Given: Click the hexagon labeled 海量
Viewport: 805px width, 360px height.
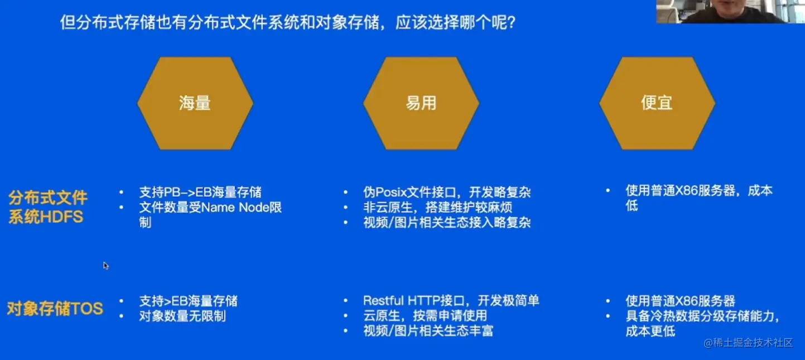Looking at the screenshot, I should click(x=195, y=103).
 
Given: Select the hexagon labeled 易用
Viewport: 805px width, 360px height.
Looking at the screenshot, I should click(x=421, y=103).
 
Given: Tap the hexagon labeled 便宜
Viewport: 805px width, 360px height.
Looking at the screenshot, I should click(x=657, y=103).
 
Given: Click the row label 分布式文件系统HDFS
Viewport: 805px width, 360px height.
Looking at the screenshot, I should click(x=47, y=207).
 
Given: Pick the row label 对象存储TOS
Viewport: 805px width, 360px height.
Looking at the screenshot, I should click(x=55, y=309).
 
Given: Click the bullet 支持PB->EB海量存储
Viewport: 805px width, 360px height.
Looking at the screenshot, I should click(x=200, y=193).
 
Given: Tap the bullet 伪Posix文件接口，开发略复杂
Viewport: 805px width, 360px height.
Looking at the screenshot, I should click(x=446, y=193).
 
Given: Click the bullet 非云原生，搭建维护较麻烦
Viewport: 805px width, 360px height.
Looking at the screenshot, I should click(x=437, y=208).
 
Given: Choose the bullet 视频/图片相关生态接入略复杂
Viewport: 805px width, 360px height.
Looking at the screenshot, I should click(x=446, y=223).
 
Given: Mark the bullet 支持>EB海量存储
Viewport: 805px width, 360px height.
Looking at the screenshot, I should click(x=188, y=301).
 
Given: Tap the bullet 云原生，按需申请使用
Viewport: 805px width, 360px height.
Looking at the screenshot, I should click(x=425, y=316).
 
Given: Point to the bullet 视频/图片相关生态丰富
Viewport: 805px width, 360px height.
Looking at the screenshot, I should click(x=428, y=331).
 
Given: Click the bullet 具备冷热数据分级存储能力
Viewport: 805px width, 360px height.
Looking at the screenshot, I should click(x=701, y=316).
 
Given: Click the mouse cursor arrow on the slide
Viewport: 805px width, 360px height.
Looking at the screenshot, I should click(x=105, y=265).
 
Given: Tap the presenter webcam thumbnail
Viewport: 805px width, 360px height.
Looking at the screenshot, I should click(x=730, y=11).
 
